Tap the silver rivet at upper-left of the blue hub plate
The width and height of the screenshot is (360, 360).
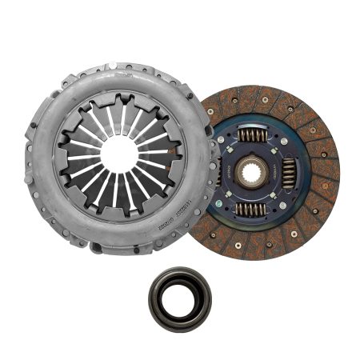click(x=228, y=130)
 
